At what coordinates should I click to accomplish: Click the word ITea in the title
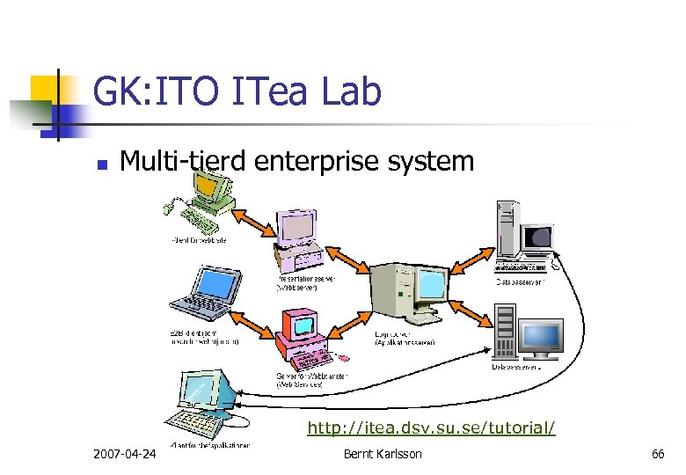[x=281, y=91]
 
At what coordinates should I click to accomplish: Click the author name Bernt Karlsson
[x=383, y=454]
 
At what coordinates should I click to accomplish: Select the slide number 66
[x=658, y=454]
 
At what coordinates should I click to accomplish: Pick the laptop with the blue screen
[x=205, y=291]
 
